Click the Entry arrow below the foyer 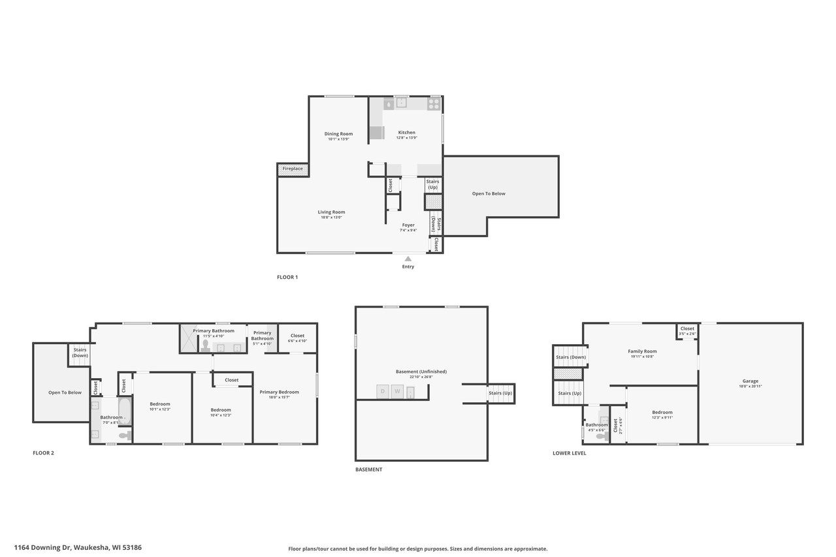408,259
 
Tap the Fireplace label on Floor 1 293,169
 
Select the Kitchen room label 406,133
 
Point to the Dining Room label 338,134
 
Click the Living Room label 331,212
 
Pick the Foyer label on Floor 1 408,225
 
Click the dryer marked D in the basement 383,392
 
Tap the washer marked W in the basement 397,392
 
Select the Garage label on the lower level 750,381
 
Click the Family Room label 642,351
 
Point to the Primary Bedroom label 279,392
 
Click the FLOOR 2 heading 43,453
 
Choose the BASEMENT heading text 368,469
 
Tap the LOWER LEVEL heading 569,453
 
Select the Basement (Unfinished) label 421,372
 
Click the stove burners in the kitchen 434,103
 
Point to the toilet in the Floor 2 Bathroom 125,435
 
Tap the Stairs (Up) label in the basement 501,393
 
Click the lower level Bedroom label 662,413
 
